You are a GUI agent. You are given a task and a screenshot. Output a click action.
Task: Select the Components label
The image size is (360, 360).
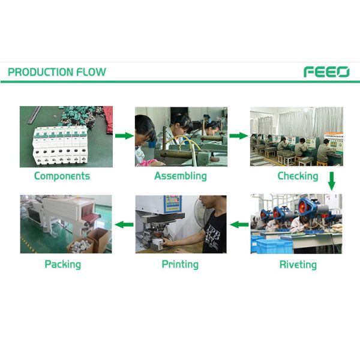(x=62, y=176)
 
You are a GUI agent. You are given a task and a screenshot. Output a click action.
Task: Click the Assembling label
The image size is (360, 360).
(x=181, y=176)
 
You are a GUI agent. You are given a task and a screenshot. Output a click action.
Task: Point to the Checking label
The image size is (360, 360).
(x=298, y=176)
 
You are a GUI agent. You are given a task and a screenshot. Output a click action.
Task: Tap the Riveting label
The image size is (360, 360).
(x=298, y=264)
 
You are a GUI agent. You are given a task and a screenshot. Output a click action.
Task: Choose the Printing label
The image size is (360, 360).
(x=181, y=264)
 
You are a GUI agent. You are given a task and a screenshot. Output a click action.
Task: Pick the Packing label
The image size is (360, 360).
(x=62, y=264)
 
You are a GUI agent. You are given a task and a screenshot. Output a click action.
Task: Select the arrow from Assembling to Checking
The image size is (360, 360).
(x=239, y=136)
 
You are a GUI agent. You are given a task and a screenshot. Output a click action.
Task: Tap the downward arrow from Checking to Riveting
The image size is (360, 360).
(x=332, y=181)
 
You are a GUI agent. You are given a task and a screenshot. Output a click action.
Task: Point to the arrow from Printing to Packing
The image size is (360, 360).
(x=124, y=225)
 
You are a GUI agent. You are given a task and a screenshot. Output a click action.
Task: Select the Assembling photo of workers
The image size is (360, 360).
(x=181, y=137)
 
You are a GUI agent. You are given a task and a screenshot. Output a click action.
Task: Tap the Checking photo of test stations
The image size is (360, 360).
(x=296, y=137)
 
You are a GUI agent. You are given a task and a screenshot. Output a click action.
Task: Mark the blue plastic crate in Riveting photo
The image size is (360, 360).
(x=273, y=245)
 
